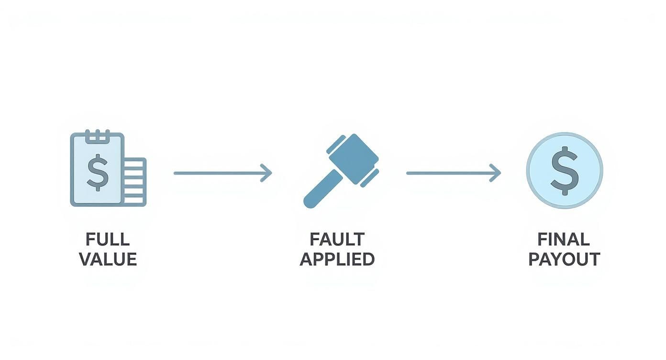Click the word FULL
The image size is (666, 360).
pyautogui.click(x=108, y=239)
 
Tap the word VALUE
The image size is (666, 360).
pyautogui.click(x=108, y=259)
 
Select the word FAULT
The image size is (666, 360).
pyautogui.click(x=337, y=239)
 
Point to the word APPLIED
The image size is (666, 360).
pyautogui.click(x=337, y=259)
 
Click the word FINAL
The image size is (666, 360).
pyautogui.click(x=564, y=239)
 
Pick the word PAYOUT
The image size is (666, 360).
pyautogui.click(x=564, y=259)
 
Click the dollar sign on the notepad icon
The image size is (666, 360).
pyautogui.click(x=98, y=172)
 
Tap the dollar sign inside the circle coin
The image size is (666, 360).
pyautogui.click(x=565, y=171)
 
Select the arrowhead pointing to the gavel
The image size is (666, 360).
pyautogui.click(x=266, y=173)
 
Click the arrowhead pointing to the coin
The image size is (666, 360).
pyautogui.click(x=495, y=173)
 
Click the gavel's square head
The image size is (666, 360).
pyautogui.click(x=353, y=159)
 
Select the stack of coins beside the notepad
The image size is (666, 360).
pyautogui.click(x=135, y=182)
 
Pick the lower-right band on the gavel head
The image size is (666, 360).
pyautogui.click(x=369, y=178)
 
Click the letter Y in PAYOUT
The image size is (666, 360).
pyautogui.click(x=555, y=259)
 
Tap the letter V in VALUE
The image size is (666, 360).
pyautogui.click(x=86, y=259)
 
